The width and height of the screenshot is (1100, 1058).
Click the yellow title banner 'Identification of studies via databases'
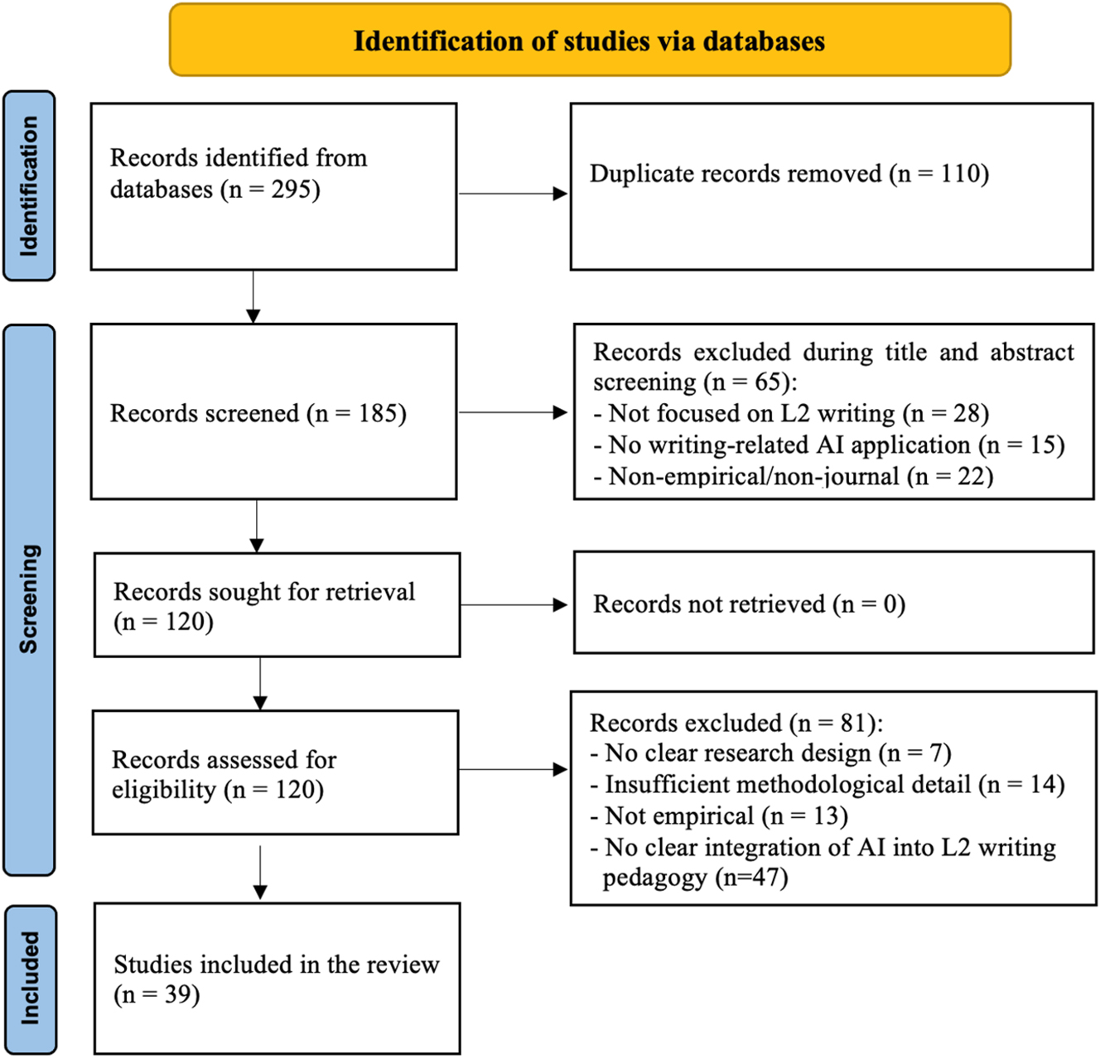(590, 41)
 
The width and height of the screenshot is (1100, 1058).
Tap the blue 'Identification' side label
(29, 185)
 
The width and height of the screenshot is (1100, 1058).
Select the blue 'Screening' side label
(29, 599)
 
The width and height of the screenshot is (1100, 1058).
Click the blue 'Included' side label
(30, 979)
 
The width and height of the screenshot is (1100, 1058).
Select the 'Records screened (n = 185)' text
(258, 413)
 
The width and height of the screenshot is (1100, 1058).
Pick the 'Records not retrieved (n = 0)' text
(749, 604)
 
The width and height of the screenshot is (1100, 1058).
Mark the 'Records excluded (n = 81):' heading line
(736, 723)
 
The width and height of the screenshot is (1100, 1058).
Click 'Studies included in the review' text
(276, 964)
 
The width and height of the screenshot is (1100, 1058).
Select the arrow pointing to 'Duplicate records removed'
(513, 194)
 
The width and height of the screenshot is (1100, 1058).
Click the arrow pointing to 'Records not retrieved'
(514, 605)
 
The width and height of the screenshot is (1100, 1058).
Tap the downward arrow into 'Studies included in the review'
(260, 873)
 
